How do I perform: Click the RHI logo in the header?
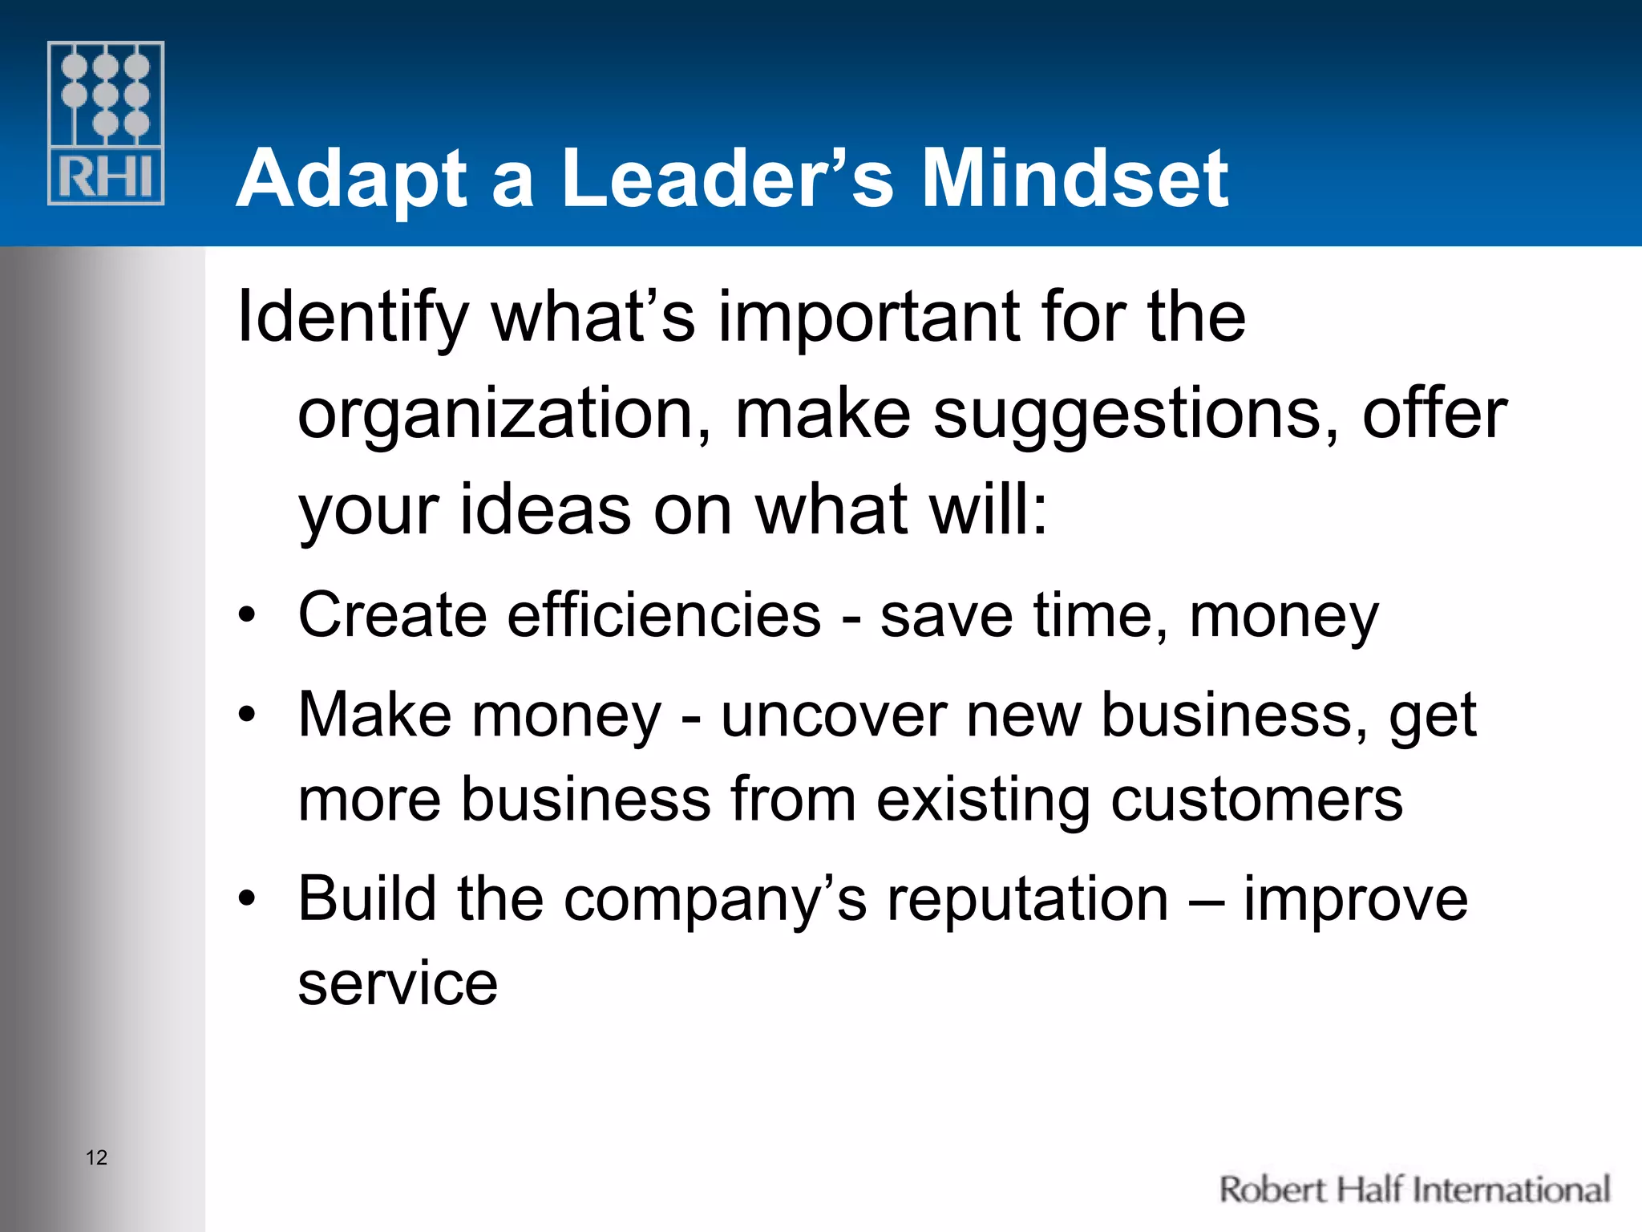pyautogui.click(x=106, y=123)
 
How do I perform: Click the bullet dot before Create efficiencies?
pyautogui.click(x=248, y=616)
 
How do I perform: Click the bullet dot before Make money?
pyautogui.click(x=248, y=714)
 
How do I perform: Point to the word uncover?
pyautogui.click(x=833, y=715)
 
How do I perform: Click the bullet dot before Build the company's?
pyautogui.click(x=248, y=898)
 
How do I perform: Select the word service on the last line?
pyautogui.click(x=398, y=983)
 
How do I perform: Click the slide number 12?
pyautogui.click(x=96, y=1157)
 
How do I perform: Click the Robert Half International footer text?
pyautogui.click(x=1414, y=1189)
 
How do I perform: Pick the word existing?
pyautogui.click(x=983, y=800)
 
